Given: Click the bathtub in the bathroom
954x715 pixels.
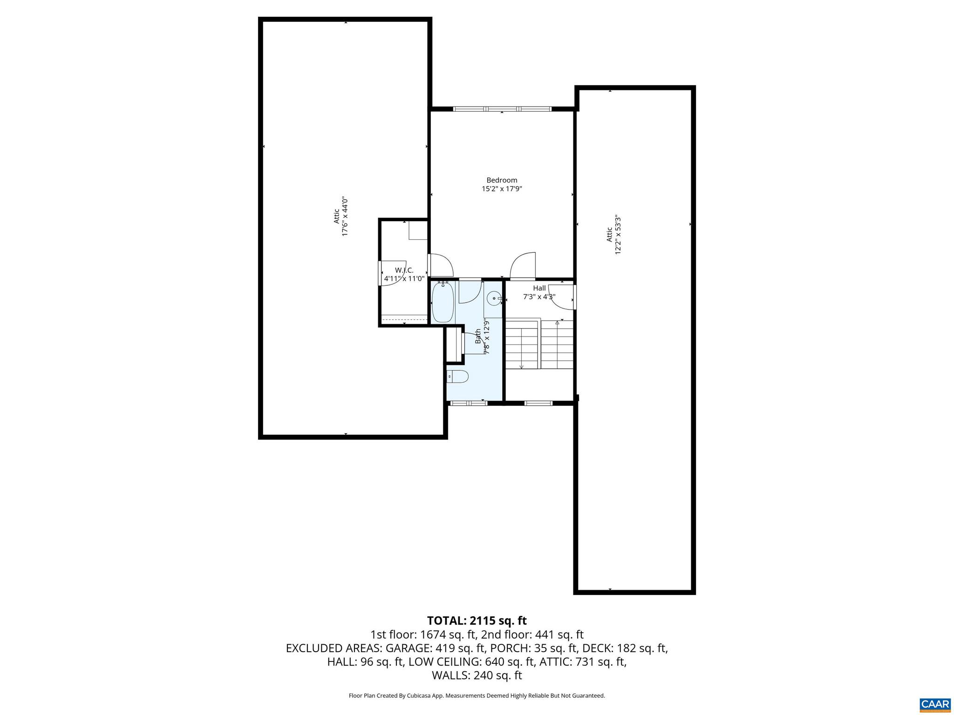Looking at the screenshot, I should coord(443,304).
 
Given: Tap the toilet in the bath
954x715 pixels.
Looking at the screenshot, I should coord(457,376).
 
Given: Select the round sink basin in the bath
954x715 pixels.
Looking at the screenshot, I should coord(494,298).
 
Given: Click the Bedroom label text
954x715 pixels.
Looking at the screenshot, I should coord(502,180).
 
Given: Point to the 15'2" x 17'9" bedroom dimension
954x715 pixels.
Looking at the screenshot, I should coord(502,189).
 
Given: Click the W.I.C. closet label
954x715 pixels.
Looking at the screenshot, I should coord(404,270).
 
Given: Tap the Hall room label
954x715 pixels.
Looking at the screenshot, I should coord(539,288).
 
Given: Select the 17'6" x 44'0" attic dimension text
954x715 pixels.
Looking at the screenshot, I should coord(345,216).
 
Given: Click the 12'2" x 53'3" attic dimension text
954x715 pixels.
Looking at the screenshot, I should coord(618,234).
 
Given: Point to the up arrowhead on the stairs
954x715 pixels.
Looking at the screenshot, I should coord(557,322).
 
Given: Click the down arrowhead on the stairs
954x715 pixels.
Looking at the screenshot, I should coord(521,366).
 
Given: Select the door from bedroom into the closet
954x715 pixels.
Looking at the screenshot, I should coord(441,265).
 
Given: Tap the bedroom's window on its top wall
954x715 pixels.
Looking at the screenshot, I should coord(502,109).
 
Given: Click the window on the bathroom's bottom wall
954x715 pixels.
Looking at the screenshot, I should coord(469,403).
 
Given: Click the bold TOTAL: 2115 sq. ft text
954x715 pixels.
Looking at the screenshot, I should coord(477,621).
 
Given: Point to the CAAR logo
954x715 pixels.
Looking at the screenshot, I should coord(934,704).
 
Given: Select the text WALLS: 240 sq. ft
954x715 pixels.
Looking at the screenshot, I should coord(477,675).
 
